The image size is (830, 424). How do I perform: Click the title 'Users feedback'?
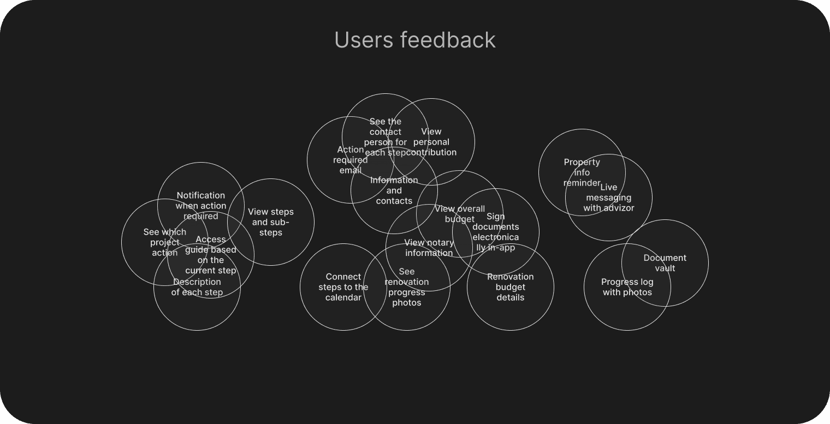414,40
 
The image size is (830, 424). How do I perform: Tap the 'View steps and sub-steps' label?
271,222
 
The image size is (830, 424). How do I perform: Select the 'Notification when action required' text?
201,206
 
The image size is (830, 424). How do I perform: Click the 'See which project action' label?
164,242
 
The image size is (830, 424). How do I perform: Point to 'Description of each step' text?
197,287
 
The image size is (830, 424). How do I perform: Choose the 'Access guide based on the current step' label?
211,255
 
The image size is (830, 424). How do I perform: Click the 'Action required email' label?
350,160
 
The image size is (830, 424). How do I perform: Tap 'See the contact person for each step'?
385,137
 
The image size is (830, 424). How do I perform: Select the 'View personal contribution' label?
431,142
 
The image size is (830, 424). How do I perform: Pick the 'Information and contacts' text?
394,190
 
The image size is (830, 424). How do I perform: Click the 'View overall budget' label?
460,214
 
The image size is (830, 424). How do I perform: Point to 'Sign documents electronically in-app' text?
495,232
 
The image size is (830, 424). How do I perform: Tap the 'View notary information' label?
429,248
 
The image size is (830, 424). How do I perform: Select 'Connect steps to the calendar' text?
343,287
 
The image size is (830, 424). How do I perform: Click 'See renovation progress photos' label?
407,287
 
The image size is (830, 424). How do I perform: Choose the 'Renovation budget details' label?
511,287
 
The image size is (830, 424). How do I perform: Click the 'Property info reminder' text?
582,172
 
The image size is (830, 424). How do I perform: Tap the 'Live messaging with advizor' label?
609,198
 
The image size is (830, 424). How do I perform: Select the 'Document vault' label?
665,263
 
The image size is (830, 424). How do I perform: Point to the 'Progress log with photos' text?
627,287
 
